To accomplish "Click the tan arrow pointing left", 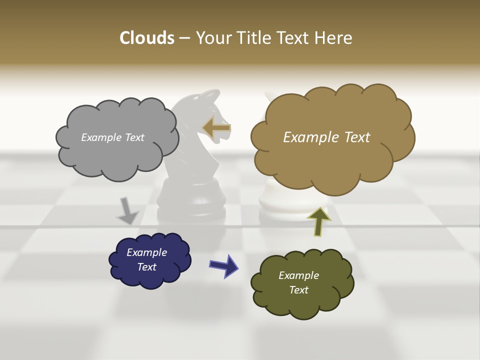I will (216, 127).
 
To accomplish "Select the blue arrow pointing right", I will (223, 265).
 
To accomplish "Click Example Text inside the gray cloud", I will (112, 137).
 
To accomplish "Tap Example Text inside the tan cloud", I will (326, 137).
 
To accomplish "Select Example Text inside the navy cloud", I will (146, 260).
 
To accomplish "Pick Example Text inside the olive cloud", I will (298, 282).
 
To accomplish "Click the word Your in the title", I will (211, 38).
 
